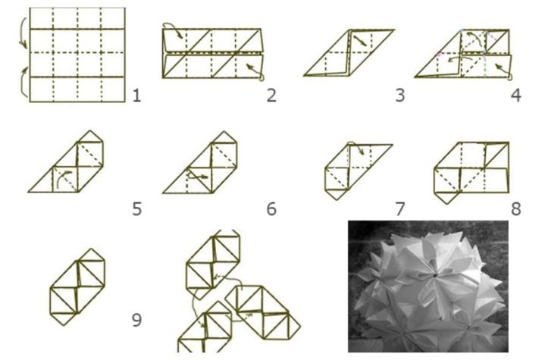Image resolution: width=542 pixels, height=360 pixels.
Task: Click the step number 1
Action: pyautogui.click(x=137, y=95)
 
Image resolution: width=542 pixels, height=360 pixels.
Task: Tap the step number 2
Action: pyautogui.click(x=271, y=95)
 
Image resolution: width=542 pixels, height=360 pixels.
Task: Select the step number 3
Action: pyautogui.click(x=400, y=95)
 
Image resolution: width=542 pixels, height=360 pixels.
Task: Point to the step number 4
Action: pyautogui.click(x=515, y=95)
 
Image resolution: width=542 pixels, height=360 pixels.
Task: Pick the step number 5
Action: pyautogui.click(x=137, y=209)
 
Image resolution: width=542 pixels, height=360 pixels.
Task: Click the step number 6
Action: pyautogui.click(x=271, y=209)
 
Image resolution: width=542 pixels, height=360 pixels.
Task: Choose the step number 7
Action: pyautogui.click(x=400, y=209)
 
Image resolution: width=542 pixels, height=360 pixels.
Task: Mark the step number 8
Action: pyautogui.click(x=515, y=209)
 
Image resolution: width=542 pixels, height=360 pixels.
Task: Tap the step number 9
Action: pyautogui.click(x=137, y=321)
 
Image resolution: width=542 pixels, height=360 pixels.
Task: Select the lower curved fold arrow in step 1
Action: pyautogui.click(x=21, y=82)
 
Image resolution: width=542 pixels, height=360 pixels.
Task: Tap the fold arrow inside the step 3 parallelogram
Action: pyautogui.click(x=359, y=39)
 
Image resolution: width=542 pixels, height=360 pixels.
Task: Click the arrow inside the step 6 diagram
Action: pyautogui.click(x=197, y=176)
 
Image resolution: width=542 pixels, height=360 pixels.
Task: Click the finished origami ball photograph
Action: pyautogui.click(x=428, y=286)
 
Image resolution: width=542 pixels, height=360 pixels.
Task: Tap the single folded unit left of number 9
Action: pyautogui.click(x=77, y=286)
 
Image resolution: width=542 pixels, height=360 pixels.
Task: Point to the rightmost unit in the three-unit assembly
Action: pyautogui.click(x=263, y=313)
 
